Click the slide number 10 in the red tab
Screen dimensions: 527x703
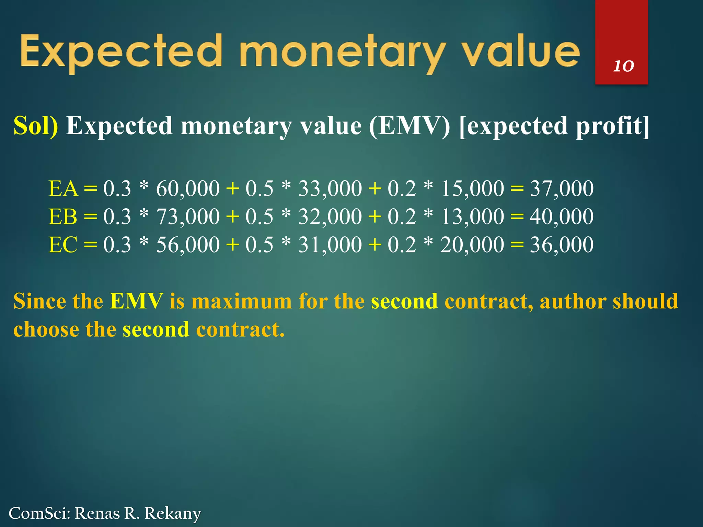623,66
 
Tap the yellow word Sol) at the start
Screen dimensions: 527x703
36,126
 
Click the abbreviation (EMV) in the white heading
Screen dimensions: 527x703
409,126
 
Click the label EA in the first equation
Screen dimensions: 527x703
64,189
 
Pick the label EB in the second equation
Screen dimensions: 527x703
63,217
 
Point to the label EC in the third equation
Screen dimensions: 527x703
63,245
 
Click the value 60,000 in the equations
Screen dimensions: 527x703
188,189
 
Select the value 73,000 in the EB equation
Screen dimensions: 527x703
188,217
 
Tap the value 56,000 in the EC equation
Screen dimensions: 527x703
188,245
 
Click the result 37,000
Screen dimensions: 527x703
562,189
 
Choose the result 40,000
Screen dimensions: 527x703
562,217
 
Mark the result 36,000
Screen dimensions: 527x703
562,245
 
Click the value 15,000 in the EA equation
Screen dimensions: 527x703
472,189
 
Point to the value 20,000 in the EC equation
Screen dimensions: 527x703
472,245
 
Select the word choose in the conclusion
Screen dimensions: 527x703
46,329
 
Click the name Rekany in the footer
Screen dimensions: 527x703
172,513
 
